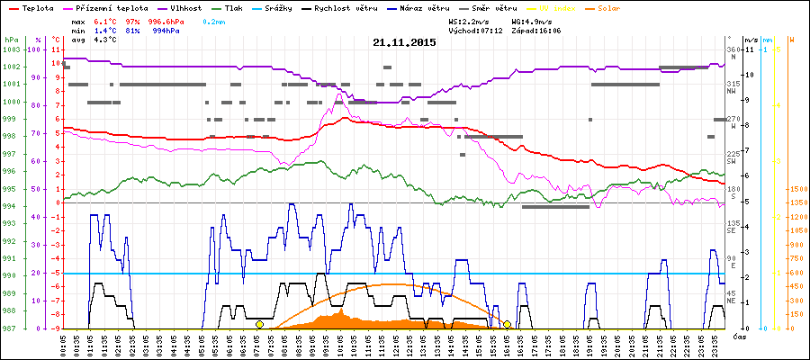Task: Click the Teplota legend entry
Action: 38,7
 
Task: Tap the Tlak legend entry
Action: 238,7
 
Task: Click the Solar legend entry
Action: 609,7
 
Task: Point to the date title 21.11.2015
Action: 404,42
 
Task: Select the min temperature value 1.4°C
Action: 105,30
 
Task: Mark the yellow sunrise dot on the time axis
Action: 259,324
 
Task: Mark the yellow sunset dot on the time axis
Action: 507,324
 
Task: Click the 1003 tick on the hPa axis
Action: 11,49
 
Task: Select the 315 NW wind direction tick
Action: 733,84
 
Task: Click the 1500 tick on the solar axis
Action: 796,190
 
